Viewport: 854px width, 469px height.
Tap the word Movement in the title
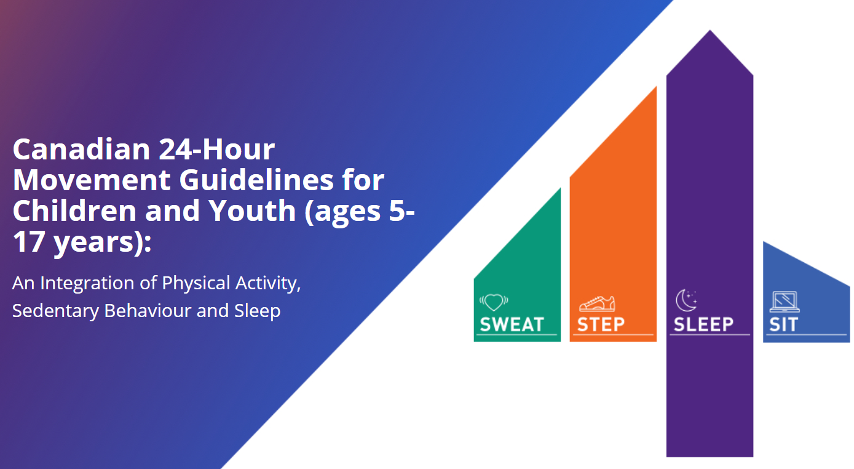[91, 180]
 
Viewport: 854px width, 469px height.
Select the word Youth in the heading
[262, 211]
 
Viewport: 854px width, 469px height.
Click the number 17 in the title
[28, 242]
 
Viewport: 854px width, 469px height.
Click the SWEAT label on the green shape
[512, 324]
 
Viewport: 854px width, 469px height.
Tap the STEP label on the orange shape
[600, 324]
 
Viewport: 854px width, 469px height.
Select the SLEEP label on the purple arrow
[703, 324]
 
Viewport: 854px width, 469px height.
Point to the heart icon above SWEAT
[494, 302]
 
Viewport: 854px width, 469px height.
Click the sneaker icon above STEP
[596, 303]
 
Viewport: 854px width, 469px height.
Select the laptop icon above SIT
[784, 302]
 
